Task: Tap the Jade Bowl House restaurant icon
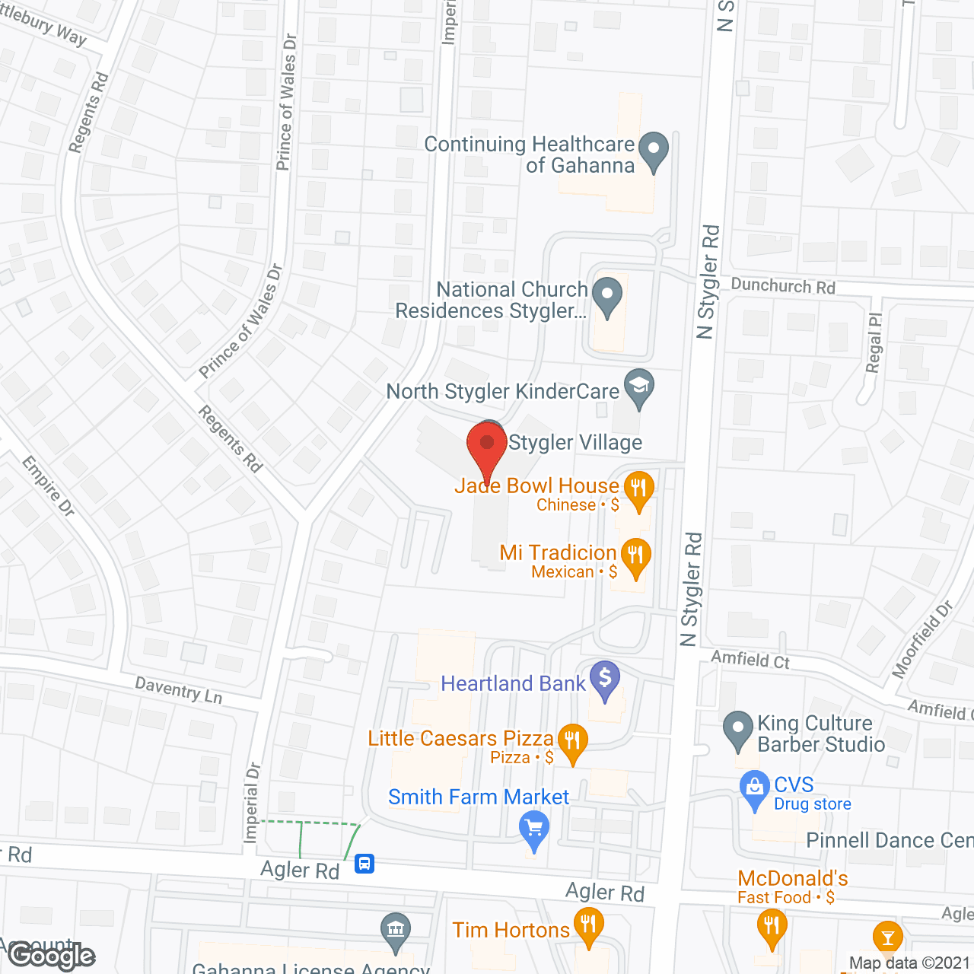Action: point(638,488)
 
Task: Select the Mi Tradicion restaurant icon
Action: point(635,555)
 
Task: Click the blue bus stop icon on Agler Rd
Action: point(364,864)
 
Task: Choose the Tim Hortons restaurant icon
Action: point(588,926)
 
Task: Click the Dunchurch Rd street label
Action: point(783,286)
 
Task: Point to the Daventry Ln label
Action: point(179,690)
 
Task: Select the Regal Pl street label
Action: point(874,342)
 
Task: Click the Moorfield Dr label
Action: point(922,640)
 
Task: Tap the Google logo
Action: point(52,956)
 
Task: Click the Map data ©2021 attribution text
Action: point(909,963)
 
